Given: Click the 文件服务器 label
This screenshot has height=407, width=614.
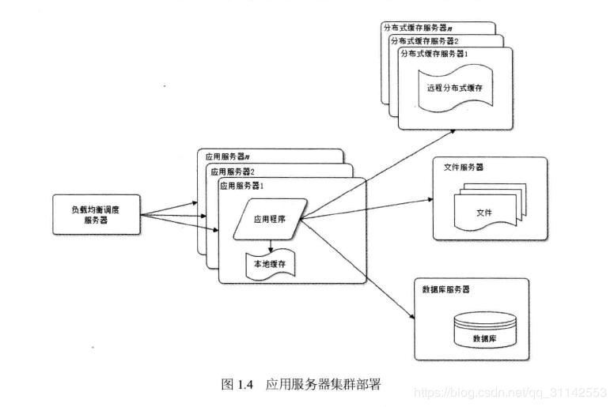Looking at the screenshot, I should point(464,168).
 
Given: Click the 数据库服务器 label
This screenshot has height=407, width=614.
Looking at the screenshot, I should point(446,289).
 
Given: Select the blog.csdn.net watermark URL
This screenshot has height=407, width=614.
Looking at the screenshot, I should point(510,392).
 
